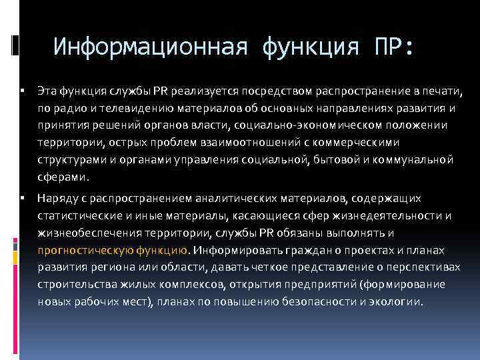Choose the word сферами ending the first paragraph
pyautogui.click(x=62, y=177)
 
